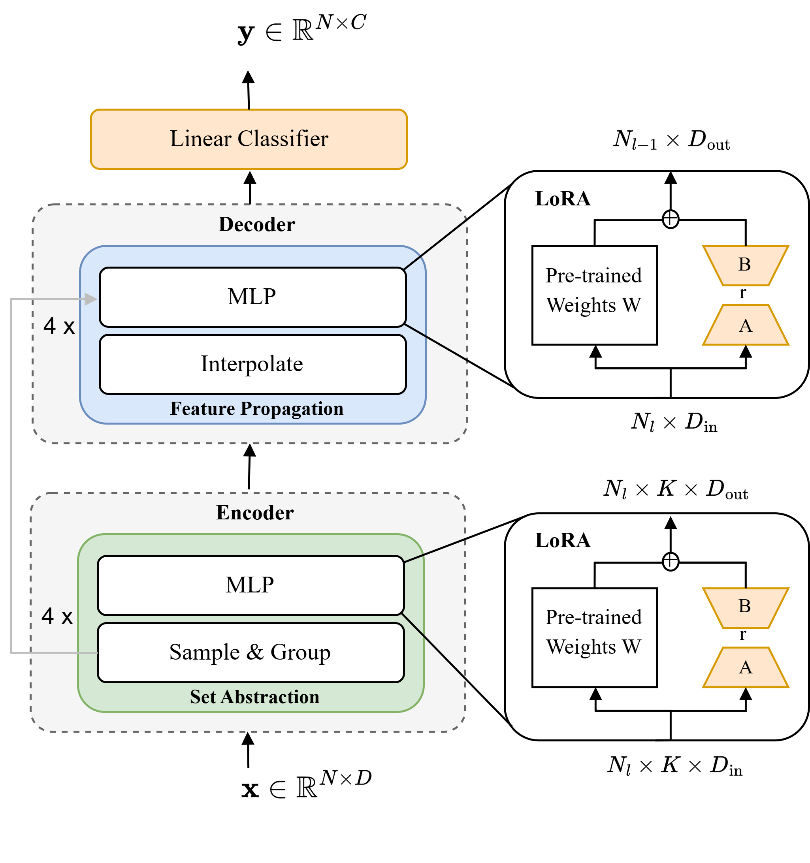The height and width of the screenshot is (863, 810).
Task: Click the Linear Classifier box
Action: (x=249, y=139)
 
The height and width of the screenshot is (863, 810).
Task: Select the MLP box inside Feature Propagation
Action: (x=252, y=297)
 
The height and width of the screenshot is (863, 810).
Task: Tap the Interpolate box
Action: (x=252, y=364)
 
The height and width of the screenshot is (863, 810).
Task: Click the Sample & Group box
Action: (x=251, y=652)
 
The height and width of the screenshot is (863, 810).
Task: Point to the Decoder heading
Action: (x=257, y=224)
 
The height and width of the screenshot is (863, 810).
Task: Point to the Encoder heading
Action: (x=255, y=513)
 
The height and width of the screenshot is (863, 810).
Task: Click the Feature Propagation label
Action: (x=257, y=408)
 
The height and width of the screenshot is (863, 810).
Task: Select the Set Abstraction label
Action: (x=255, y=697)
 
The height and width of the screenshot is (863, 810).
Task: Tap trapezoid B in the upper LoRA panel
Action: (x=745, y=265)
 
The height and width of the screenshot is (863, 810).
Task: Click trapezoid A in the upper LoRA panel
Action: (x=745, y=325)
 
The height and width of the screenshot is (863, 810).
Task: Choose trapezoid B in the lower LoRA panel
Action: (x=745, y=607)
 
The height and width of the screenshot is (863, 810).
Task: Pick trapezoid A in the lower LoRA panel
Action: (x=745, y=667)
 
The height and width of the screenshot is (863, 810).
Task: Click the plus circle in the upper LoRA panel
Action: (x=671, y=219)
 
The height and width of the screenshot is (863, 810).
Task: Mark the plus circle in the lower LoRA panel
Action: (x=671, y=561)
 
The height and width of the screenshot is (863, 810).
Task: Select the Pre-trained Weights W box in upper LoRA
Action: (x=594, y=295)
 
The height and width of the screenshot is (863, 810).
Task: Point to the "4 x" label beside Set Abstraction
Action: (x=57, y=617)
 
